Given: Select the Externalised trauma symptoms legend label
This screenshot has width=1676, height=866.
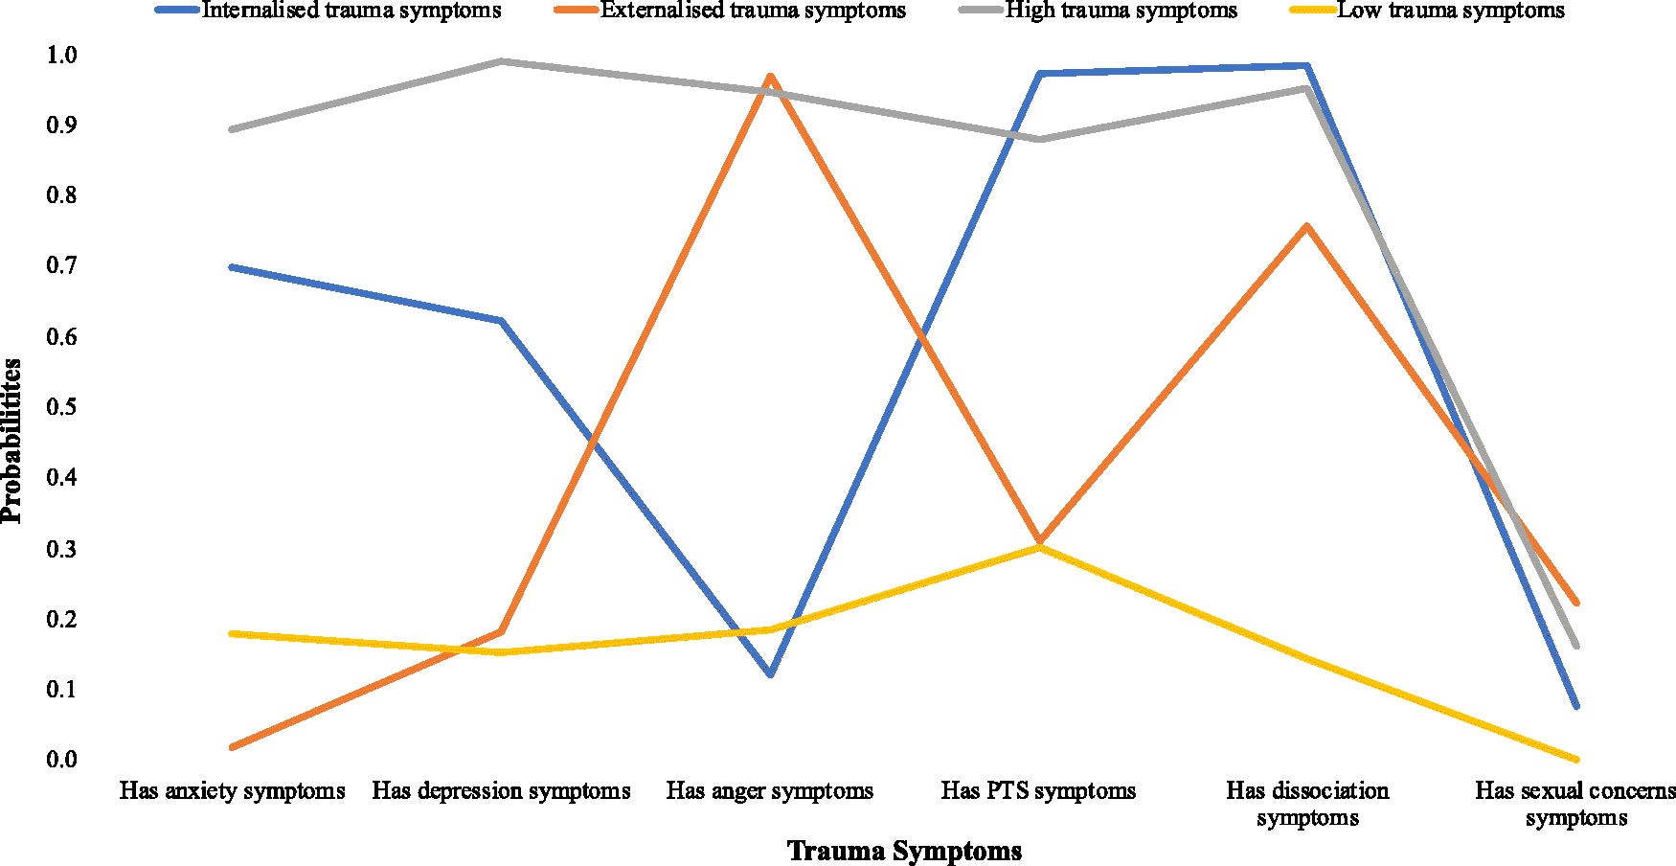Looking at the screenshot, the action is (730, 11).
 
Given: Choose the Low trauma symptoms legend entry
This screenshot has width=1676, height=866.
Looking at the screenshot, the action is (1428, 11).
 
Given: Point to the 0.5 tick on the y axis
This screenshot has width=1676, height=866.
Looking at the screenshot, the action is (60, 406).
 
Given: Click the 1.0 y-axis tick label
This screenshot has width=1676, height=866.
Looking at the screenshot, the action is (60, 55).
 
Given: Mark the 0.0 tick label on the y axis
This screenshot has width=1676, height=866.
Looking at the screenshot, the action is (60, 759).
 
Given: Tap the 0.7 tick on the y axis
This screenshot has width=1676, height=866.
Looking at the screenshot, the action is (60, 265).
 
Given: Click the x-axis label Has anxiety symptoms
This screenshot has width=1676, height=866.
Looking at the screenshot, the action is (232, 791).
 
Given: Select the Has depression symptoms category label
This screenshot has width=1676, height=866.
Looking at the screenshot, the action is (501, 791).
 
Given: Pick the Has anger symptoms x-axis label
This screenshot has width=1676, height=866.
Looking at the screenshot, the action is (770, 791).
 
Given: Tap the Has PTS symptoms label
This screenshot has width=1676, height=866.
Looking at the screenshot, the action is (1038, 791).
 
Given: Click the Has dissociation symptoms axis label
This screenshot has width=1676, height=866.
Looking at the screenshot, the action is (1307, 804).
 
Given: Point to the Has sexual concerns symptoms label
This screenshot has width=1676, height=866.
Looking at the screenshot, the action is (1575, 804).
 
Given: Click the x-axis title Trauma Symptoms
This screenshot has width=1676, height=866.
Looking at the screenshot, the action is (904, 851).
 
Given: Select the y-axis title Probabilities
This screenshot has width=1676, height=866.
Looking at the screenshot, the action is (12, 441).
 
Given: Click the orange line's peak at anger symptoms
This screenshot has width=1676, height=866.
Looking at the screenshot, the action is (770, 76).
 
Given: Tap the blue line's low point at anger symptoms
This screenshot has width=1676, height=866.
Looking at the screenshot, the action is (770, 674).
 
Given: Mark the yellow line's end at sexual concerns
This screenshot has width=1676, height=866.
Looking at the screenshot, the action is (1575, 759).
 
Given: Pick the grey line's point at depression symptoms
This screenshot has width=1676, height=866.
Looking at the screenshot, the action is (501, 61).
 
